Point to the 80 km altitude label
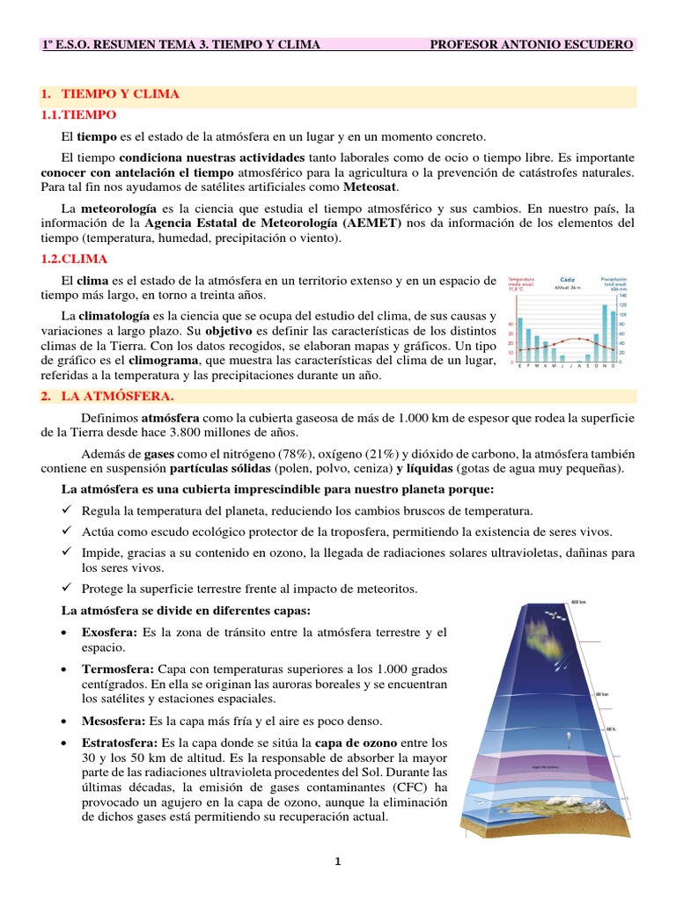pyautogui.click(x=602, y=695)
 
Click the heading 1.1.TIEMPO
pyautogui.click(x=78, y=115)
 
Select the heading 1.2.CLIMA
pyautogui.click(x=75, y=259)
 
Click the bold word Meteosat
pyautogui.click(x=371, y=187)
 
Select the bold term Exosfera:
pyautogui.click(x=108, y=633)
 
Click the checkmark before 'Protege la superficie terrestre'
pyautogui.click(x=67, y=588)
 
